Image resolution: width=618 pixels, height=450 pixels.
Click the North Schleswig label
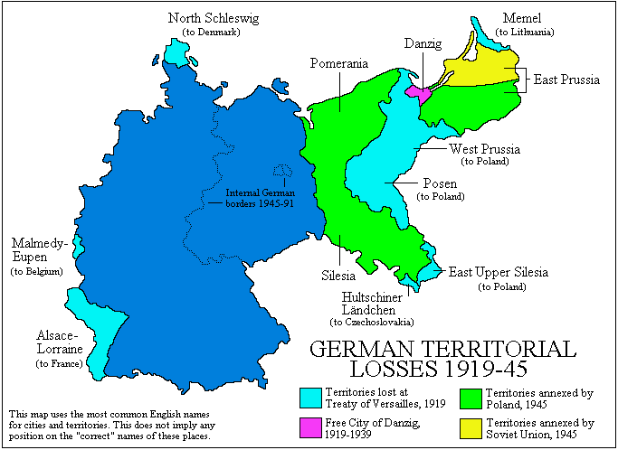coord(210,18)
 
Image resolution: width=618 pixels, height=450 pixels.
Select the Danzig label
coord(423,42)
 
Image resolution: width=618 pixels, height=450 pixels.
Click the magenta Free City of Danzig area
coord(417,91)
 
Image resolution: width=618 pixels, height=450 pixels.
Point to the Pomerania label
coord(339,64)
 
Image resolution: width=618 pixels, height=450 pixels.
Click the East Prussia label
coord(566,80)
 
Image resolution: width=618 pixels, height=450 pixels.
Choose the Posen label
coord(440,183)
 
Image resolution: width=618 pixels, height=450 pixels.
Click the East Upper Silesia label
coord(499,272)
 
